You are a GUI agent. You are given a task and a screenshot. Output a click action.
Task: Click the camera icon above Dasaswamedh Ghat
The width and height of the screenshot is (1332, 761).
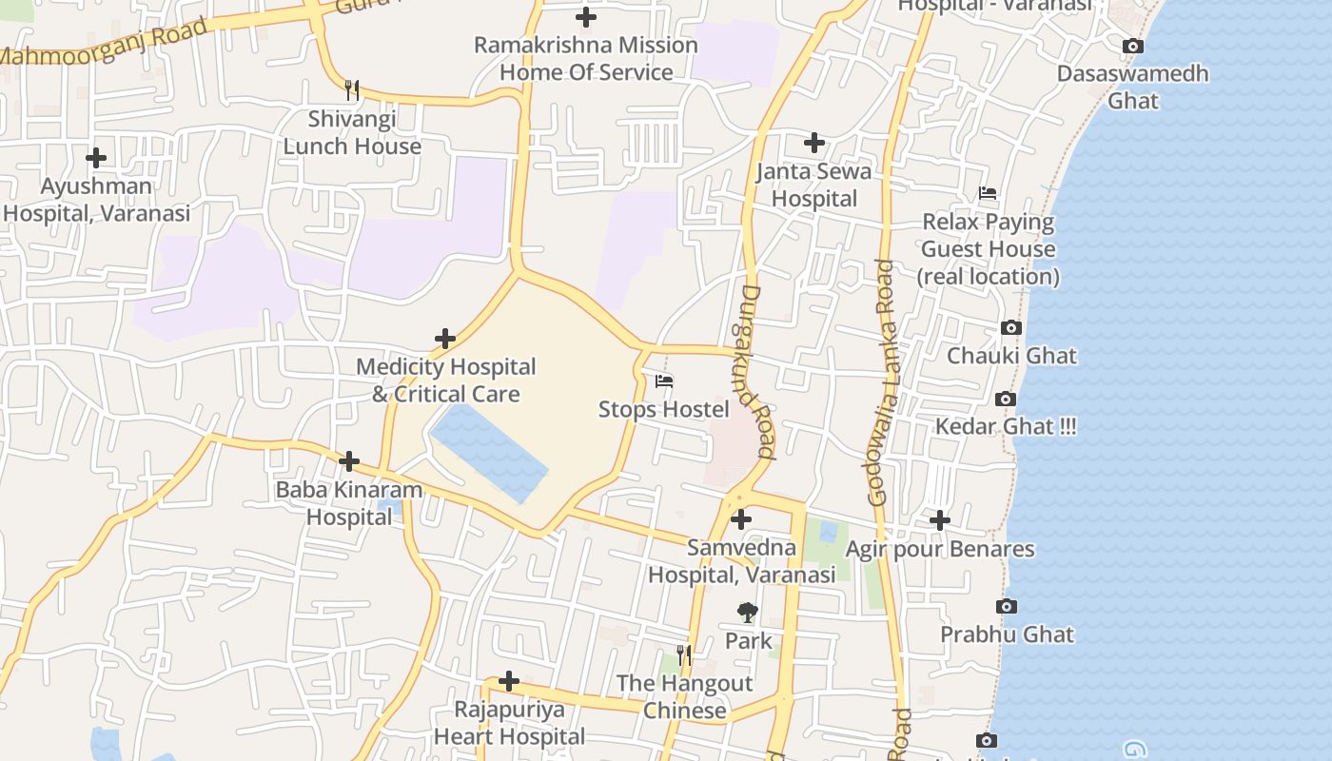pos(1132,46)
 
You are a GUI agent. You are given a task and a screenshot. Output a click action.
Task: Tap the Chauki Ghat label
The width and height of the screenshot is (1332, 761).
pos(1011,356)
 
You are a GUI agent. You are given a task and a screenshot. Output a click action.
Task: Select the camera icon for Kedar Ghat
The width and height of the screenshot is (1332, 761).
pos(1005,400)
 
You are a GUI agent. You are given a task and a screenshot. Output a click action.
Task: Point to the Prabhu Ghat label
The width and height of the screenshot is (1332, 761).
pos(1007,634)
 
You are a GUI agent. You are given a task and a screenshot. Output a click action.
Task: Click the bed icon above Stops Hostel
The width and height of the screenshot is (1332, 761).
pos(664,381)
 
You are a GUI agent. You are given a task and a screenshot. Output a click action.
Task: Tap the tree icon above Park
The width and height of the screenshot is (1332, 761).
pos(748,614)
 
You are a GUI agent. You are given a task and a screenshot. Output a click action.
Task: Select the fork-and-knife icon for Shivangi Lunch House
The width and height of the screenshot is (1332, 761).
pos(352,90)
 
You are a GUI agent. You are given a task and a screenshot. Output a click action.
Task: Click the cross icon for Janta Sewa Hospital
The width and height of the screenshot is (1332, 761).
pos(813,143)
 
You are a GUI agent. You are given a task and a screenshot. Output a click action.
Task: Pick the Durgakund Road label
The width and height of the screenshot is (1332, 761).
pos(757,371)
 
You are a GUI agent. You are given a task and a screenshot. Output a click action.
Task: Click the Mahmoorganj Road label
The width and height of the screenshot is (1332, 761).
pos(105,43)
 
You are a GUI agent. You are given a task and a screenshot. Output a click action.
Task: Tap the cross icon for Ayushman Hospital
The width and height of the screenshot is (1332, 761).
pos(95,158)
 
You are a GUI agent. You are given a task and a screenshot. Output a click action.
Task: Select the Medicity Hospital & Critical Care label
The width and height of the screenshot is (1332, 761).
pos(445,380)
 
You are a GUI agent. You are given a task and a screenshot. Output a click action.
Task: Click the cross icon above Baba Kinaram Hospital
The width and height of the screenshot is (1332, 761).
pos(349,462)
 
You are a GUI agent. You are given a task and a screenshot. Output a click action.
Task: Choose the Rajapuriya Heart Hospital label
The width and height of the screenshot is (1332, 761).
pos(509,723)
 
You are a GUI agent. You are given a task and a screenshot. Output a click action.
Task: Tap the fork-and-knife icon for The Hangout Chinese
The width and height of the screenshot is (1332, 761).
pos(683,655)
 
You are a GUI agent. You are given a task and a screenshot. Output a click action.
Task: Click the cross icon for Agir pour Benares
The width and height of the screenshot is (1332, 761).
pos(940,520)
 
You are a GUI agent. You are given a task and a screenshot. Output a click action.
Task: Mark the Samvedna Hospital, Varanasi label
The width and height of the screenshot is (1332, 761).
pos(741,561)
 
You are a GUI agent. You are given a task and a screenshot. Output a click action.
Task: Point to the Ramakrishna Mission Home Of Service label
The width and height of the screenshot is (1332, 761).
pos(586,59)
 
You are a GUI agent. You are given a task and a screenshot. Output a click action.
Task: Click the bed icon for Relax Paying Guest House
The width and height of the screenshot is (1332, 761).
pos(988,194)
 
